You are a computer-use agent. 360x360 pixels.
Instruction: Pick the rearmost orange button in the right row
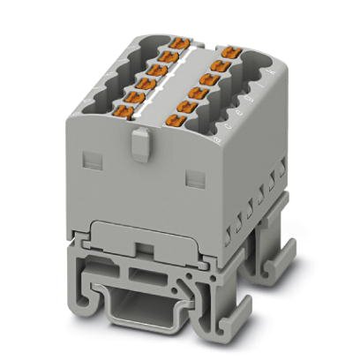tap(230, 50)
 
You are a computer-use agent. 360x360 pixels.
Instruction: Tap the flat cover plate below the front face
tap(141, 234)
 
